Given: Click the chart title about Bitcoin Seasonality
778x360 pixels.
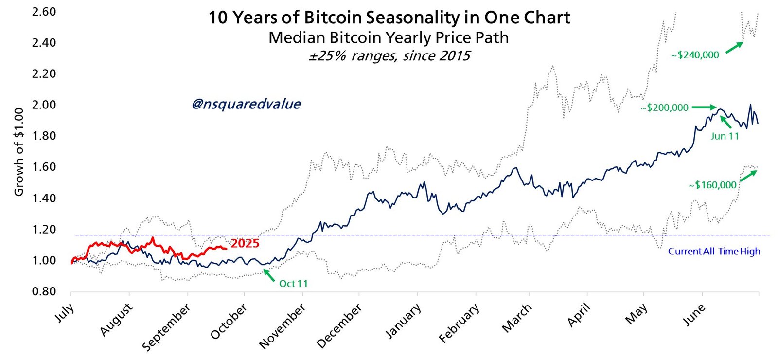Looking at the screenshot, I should (x=389, y=18).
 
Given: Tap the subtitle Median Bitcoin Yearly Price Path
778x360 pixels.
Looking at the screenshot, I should (x=389, y=37).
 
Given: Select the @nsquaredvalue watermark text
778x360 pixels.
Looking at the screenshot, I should (x=246, y=104).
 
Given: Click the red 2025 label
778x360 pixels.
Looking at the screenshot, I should (x=245, y=243).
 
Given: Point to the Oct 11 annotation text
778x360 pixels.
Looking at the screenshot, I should (x=293, y=283).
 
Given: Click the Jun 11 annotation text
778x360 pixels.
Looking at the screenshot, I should (x=725, y=136).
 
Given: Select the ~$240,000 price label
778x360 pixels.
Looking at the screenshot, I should (x=695, y=55).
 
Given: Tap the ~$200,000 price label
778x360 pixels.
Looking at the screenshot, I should (x=664, y=108).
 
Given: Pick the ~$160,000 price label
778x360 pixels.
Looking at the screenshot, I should (x=712, y=185).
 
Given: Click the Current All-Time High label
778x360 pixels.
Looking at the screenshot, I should (x=714, y=251).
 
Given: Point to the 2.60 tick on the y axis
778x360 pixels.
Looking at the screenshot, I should (x=44, y=11).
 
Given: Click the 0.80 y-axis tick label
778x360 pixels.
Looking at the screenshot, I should (x=44, y=291).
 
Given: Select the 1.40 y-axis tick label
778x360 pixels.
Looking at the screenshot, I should (x=44, y=198).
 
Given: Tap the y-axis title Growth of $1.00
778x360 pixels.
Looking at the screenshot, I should (x=19, y=152).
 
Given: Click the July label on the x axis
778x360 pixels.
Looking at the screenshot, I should (x=65, y=313).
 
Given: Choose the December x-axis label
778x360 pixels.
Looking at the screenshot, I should (x=339, y=325).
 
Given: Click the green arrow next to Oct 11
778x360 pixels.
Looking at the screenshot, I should (x=268, y=275).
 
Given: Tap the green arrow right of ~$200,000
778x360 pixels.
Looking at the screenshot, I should (x=704, y=107).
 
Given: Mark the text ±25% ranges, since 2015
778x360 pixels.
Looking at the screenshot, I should (x=389, y=56).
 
